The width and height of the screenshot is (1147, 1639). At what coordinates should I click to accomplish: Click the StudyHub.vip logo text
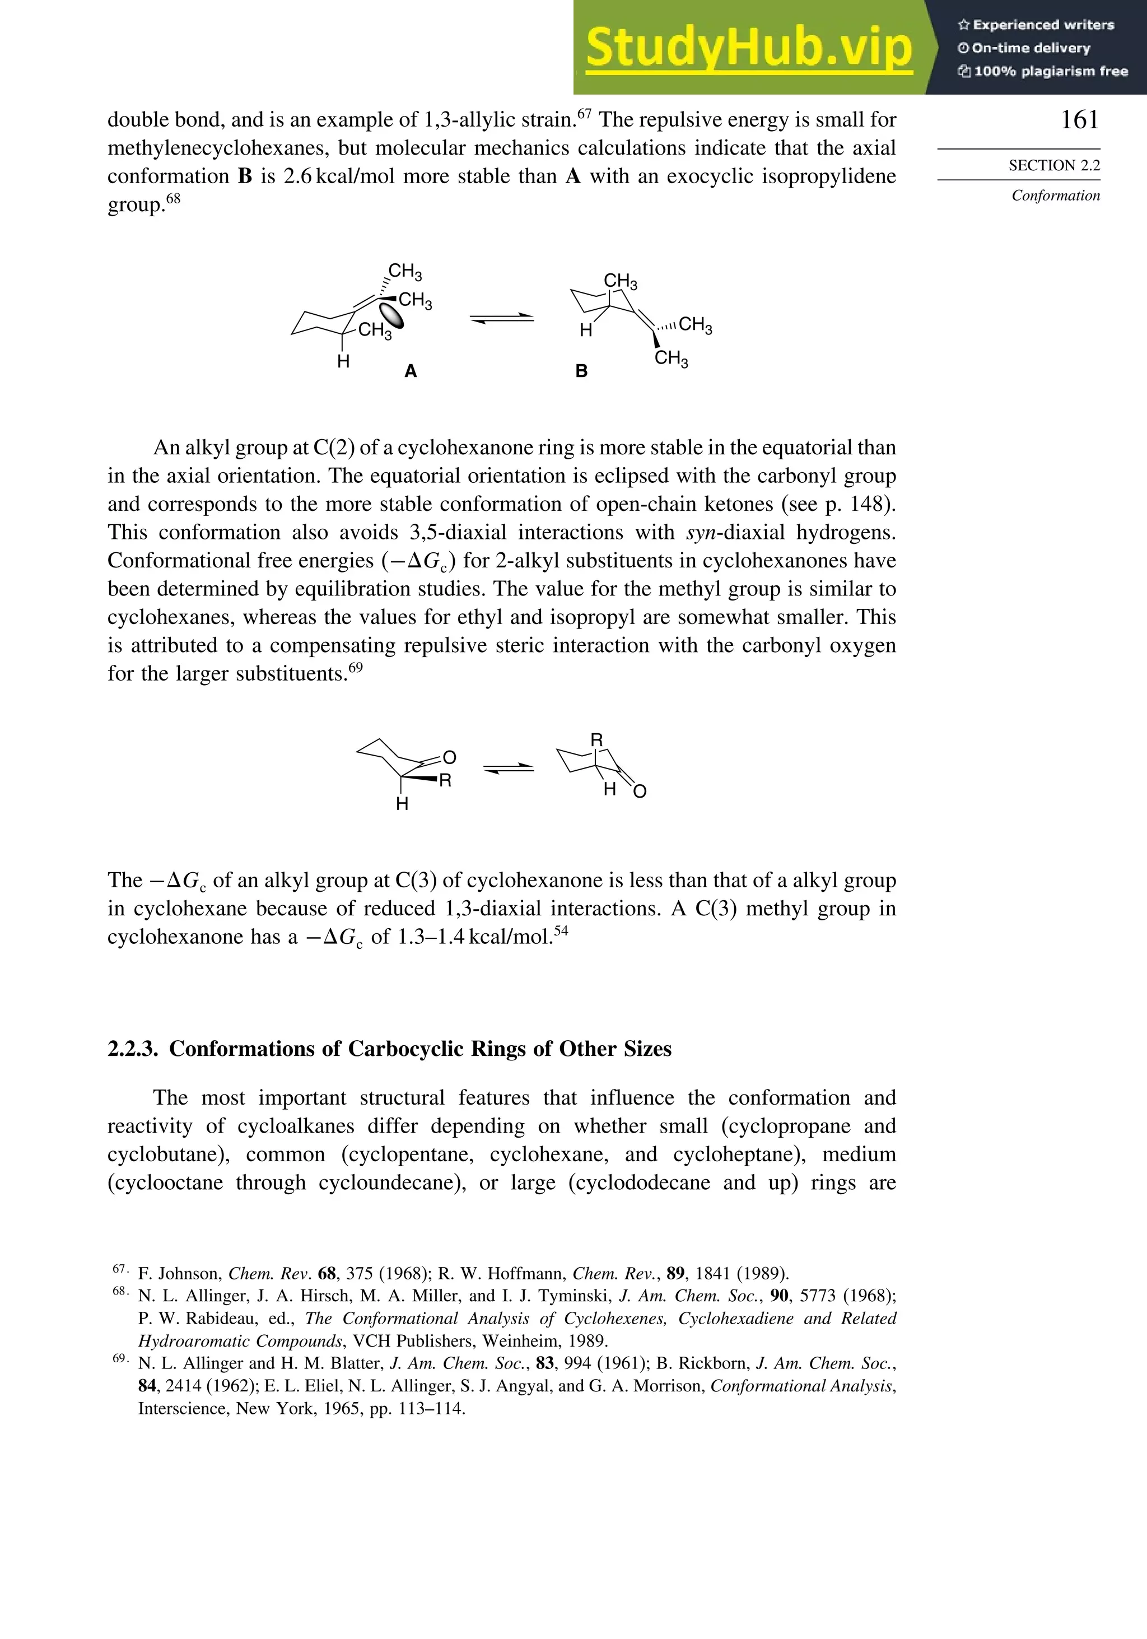click(748, 49)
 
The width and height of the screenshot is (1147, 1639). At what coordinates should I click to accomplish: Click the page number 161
click(1079, 120)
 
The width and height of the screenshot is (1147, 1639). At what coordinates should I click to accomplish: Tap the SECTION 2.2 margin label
click(1053, 166)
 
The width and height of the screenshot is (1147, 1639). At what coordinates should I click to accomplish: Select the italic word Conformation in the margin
click(1055, 195)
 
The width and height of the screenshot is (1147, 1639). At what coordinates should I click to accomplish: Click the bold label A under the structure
click(411, 371)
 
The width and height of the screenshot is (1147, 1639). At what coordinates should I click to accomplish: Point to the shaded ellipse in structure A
click(390, 315)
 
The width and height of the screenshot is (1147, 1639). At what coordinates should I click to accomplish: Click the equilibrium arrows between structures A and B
click(502, 318)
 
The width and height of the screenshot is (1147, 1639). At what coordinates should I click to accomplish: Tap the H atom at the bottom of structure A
click(343, 362)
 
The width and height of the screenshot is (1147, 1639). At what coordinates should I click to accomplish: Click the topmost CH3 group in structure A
click(405, 271)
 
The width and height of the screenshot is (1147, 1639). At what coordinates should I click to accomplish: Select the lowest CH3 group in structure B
click(671, 358)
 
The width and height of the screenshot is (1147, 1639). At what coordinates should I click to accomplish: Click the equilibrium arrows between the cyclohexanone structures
click(508, 768)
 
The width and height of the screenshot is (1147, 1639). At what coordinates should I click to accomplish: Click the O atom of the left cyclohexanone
click(449, 757)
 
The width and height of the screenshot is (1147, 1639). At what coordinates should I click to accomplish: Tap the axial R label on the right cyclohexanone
click(596, 739)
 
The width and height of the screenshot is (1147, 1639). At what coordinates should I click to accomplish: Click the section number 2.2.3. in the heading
click(133, 1049)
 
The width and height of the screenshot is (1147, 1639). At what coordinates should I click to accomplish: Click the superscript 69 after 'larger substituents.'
click(356, 668)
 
